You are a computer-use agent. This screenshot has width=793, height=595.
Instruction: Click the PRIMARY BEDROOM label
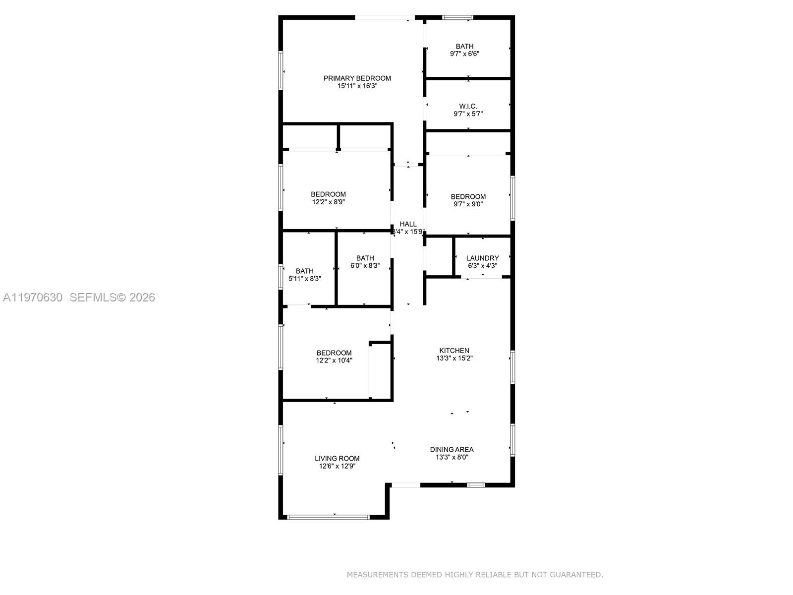click(357, 78)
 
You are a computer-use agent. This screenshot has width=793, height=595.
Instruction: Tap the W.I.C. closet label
click(468, 106)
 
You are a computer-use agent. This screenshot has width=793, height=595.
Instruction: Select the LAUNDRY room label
click(482, 258)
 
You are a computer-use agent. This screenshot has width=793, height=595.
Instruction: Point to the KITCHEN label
click(454, 350)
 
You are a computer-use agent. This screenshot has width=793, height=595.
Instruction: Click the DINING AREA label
click(452, 449)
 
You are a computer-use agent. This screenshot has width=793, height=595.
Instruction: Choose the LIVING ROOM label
click(337, 458)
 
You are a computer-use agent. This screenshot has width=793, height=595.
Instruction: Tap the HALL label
click(408, 224)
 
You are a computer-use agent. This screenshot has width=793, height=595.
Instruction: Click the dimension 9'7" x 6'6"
click(464, 54)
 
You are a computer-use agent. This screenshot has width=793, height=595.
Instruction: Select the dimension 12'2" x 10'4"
click(334, 360)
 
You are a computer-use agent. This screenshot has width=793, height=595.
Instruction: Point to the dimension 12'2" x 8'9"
click(328, 202)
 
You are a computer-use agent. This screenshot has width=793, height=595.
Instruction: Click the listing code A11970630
click(33, 297)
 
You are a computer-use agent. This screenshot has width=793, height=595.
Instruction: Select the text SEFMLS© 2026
click(112, 297)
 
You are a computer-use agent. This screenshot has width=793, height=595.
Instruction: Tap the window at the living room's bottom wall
click(328, 517)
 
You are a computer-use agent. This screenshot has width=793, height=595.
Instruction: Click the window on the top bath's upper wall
click(457, 17)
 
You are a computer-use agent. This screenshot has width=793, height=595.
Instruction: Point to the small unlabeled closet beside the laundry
click(439, 257)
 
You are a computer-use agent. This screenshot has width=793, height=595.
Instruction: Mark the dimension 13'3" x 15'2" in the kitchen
click(454, 358)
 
